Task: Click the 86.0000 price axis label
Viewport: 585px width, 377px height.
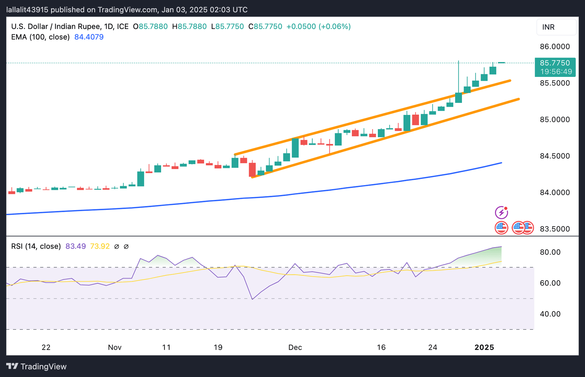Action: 555,46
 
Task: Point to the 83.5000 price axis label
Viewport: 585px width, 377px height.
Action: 555,229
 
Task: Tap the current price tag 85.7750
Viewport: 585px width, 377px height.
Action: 555,63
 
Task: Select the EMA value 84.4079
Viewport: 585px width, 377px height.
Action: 89,37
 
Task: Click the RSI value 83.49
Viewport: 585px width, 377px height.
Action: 75,246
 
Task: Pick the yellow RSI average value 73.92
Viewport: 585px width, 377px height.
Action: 100,246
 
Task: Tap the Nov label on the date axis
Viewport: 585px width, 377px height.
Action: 115,347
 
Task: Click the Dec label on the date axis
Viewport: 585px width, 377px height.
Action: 295,347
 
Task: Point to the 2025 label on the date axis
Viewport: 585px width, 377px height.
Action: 484,347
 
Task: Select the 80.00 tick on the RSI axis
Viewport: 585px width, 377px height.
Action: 550,252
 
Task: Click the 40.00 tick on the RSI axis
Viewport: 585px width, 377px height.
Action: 550,314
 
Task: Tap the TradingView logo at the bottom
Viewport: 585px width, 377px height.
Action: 37,366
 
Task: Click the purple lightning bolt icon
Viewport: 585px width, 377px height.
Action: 501,212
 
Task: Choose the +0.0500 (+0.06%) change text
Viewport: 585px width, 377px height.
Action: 318,27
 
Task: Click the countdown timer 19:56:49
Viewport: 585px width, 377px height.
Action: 556,72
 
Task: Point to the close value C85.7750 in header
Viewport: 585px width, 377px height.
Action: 265,27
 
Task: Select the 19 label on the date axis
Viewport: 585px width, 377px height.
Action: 218,347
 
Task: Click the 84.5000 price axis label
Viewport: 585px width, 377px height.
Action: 555,156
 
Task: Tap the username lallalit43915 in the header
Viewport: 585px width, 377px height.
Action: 27,10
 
